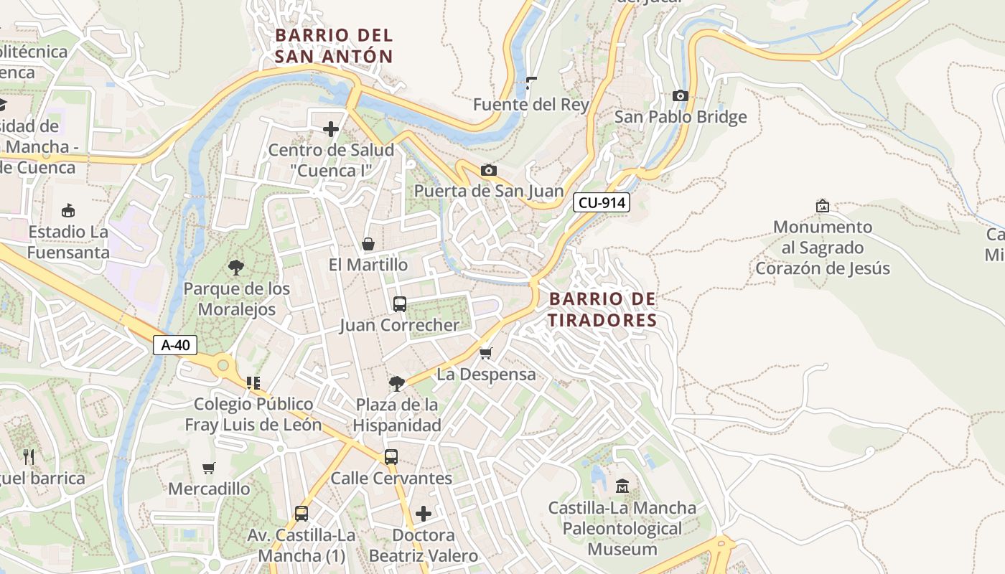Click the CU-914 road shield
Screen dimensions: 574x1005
tap(602, 203)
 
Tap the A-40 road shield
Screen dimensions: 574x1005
tap(175, 345)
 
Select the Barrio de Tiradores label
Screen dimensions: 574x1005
tap(602, 309)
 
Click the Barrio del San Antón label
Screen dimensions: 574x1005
tap(334, 45)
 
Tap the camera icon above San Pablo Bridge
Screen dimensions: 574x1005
tap(680, 95)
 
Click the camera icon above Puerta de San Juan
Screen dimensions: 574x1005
tap(488, 170)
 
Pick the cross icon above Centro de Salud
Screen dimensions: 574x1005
tap(331, 129)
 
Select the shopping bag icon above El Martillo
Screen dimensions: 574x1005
tap(368, 244)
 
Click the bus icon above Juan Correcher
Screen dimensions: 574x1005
tap(400, 304)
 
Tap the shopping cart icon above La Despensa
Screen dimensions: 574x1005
tap(486, 353)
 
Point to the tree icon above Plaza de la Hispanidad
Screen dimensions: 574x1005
tap(396, 384)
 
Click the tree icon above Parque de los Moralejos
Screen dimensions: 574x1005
tap(235, 268)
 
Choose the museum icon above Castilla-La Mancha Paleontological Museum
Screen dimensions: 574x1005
tap(622, 486)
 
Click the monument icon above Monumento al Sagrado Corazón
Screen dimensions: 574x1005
tap(823, 206)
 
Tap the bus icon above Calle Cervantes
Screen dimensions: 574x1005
tap(391, 457)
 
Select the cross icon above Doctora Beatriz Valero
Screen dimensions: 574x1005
tap(424, 514)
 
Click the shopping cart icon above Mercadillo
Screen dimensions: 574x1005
tap(209, 468)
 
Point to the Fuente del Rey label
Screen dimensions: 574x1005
tap(530, 105)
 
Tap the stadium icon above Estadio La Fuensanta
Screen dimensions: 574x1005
tap(68, 211)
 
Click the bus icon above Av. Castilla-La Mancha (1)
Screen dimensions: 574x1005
tap(301, 514)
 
